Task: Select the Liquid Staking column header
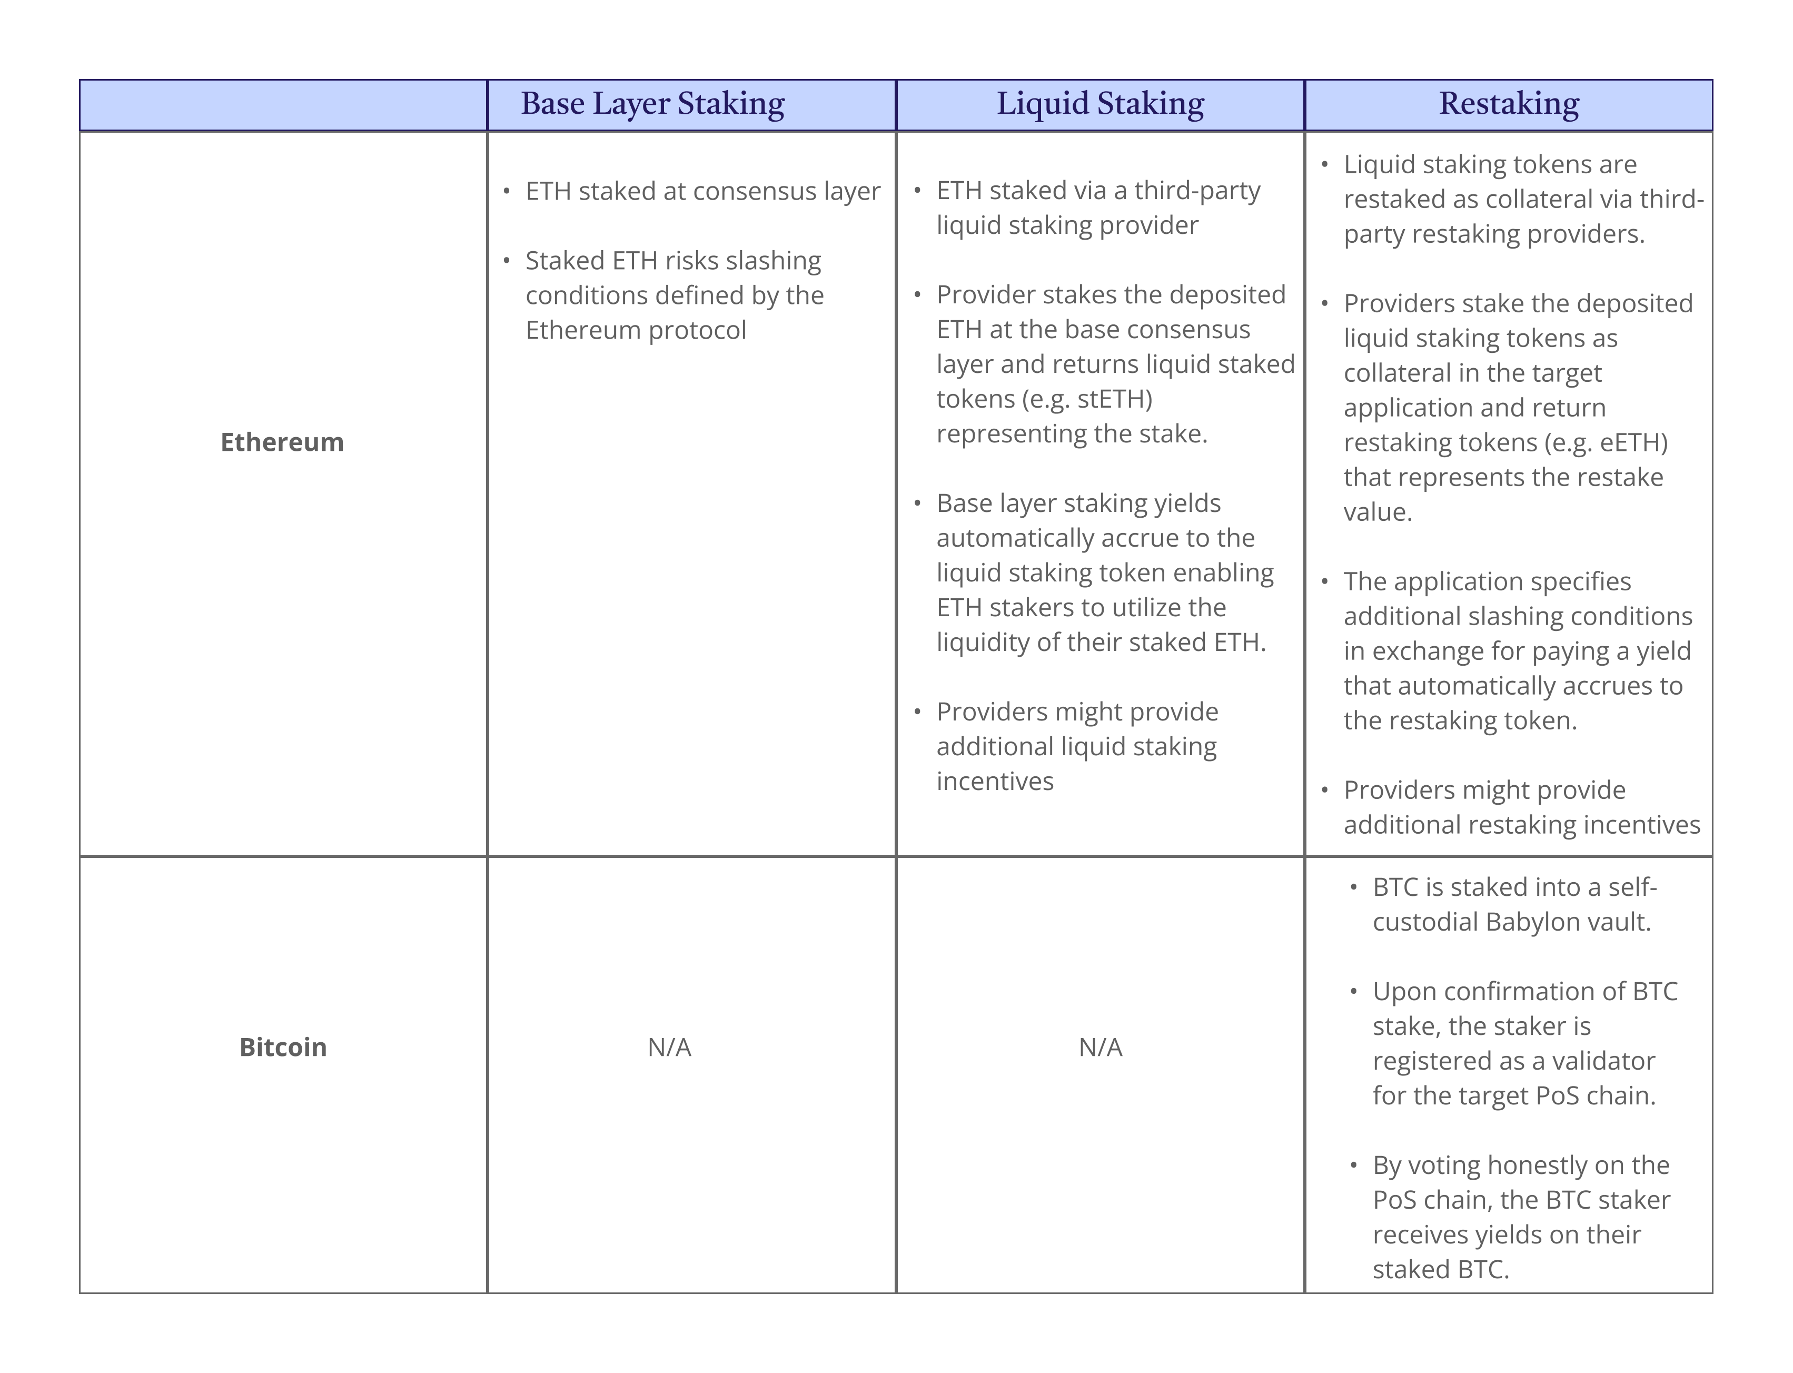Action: [x=1100, y=104]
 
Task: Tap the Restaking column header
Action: [x=1509, y=104]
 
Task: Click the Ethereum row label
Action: [x=282, y=442]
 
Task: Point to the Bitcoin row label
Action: [x=283, y=1047]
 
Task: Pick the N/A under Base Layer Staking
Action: [x=669, y=1047]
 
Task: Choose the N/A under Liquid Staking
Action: [x=1100, y=1047]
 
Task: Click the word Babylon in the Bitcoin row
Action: [x=1521, y=922]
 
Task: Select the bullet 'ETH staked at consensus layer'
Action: [x=703, y=191]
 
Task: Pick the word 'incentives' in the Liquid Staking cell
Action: [x=995, y=782]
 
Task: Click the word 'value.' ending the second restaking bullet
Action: [x=1378, y=511]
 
